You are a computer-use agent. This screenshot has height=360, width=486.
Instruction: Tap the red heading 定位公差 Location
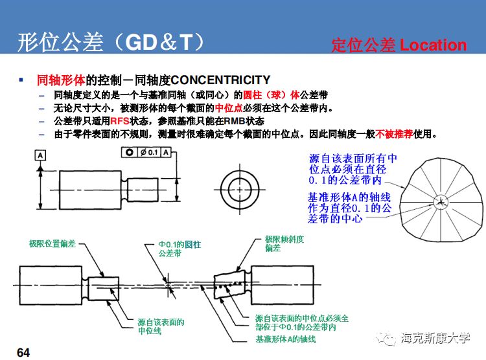tap(399, 45)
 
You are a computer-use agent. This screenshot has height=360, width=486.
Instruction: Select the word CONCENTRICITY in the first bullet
tap(220, 80)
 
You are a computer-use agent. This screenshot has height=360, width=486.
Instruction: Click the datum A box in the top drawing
tap(40, 155)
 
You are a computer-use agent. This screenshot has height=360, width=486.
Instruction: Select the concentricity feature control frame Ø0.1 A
tap(148, 152)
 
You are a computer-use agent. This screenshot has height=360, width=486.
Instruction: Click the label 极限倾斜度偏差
tap(284, 243)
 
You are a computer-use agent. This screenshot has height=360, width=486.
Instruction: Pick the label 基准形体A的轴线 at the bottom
tap(285, 339)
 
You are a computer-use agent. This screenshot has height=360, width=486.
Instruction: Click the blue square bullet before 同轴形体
tap(21, 80)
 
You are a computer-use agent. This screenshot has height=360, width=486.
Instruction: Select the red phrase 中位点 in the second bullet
tap(227, 107)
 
